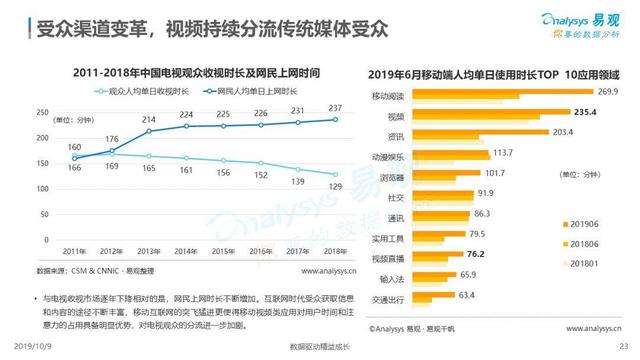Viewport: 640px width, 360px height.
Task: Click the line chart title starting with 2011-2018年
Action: tap(190, 73)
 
